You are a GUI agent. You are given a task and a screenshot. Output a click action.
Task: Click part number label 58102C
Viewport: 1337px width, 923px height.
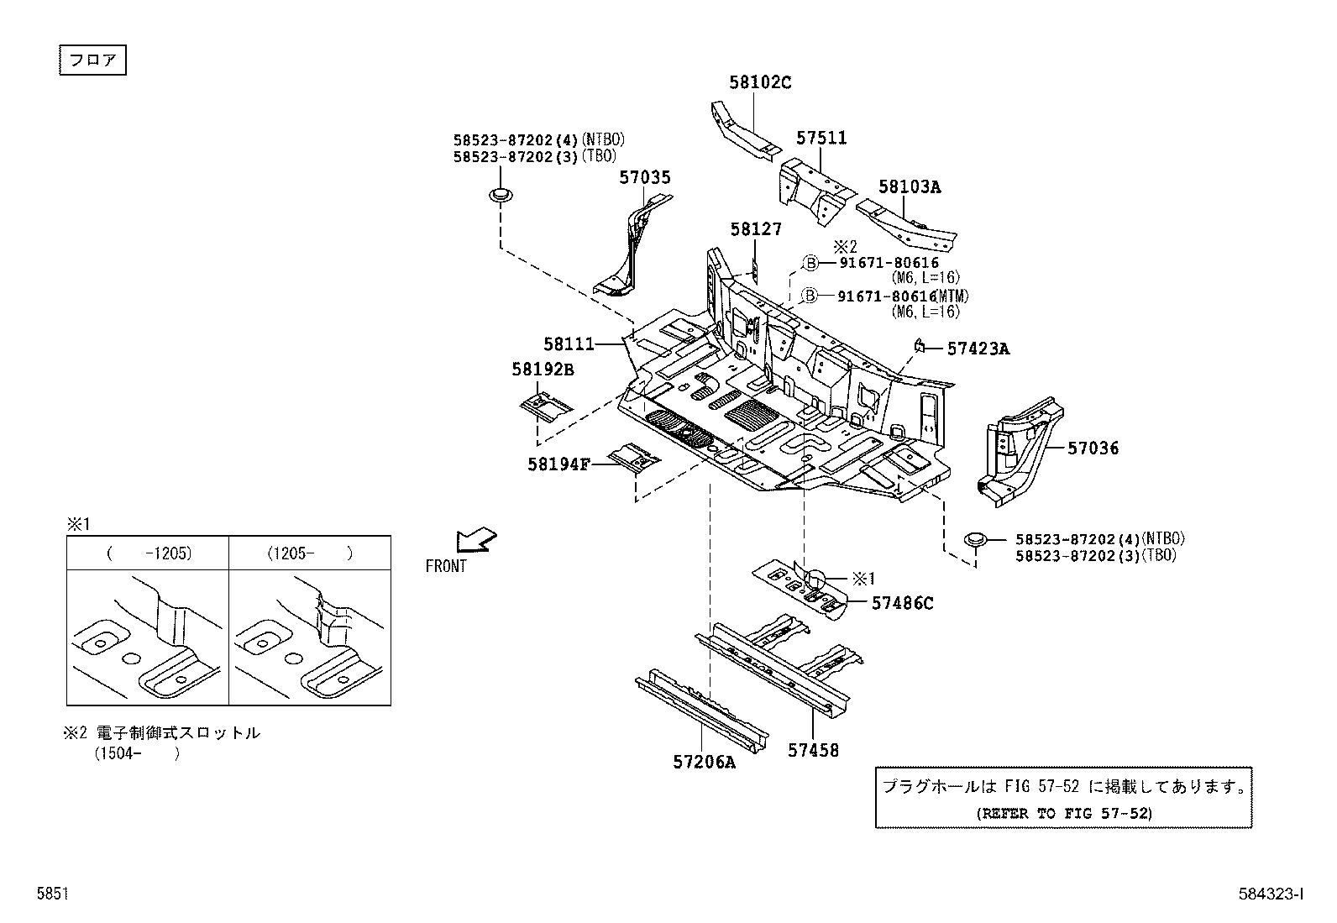760,82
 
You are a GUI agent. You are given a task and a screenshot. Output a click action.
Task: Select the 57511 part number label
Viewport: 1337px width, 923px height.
821,138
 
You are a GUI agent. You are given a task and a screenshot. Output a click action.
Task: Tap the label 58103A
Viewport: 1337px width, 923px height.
910,186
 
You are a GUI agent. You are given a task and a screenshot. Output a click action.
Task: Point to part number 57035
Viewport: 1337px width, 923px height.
645,177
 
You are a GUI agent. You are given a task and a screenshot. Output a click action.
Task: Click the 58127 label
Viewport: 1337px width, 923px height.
755,228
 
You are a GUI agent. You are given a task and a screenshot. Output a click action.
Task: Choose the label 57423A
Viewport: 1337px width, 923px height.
978,349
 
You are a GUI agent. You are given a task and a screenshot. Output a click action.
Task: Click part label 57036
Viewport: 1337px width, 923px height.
1093,448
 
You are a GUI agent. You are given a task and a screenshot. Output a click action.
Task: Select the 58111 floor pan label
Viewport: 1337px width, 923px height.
569,344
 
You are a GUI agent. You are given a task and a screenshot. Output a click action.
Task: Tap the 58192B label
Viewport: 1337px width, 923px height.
543,369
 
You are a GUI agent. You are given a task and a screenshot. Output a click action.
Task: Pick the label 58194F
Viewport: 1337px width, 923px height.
559,464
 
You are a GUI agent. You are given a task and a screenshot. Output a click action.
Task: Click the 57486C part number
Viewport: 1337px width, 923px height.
902,602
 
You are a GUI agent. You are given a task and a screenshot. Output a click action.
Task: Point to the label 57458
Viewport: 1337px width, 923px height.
812,750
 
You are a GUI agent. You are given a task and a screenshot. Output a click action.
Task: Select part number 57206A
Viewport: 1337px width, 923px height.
704,763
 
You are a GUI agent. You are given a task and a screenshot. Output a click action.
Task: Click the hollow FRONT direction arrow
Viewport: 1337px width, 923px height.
476,539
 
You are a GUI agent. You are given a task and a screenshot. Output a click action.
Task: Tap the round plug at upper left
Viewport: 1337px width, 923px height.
501,197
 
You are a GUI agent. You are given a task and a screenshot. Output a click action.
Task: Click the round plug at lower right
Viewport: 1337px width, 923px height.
975,538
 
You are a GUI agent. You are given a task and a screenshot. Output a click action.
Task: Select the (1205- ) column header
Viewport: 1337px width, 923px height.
309,553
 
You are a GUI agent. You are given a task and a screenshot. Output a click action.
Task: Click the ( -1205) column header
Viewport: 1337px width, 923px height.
149,553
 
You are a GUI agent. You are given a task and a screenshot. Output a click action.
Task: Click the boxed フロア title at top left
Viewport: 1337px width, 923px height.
92,61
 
